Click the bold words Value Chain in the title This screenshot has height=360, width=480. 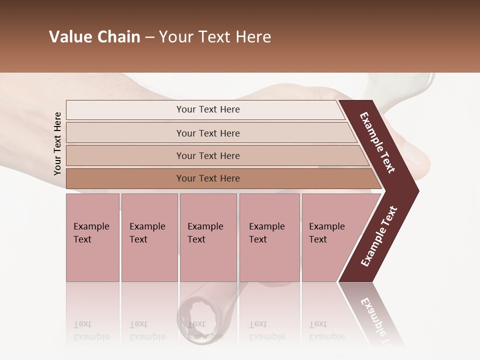click(x=94, y=37)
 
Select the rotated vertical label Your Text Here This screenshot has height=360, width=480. click(x=57, y=143)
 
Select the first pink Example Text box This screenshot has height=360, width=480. click(x=92, y=237)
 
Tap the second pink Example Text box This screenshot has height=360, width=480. click(x=149, y=237)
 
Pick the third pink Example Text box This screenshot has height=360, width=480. click(x=208, y=237)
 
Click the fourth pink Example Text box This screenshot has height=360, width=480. click(x=269, y=237)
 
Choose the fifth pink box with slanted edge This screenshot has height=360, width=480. click(x=330, y=237)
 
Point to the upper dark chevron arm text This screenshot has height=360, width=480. click(x=377, y=142)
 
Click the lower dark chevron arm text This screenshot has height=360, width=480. click(x=379, y=236)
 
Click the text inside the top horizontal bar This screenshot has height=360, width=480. click(x=208, y=109)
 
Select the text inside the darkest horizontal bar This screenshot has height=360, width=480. click(x=208, y=178)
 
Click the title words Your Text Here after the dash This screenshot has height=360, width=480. click(x=215, y=37)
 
